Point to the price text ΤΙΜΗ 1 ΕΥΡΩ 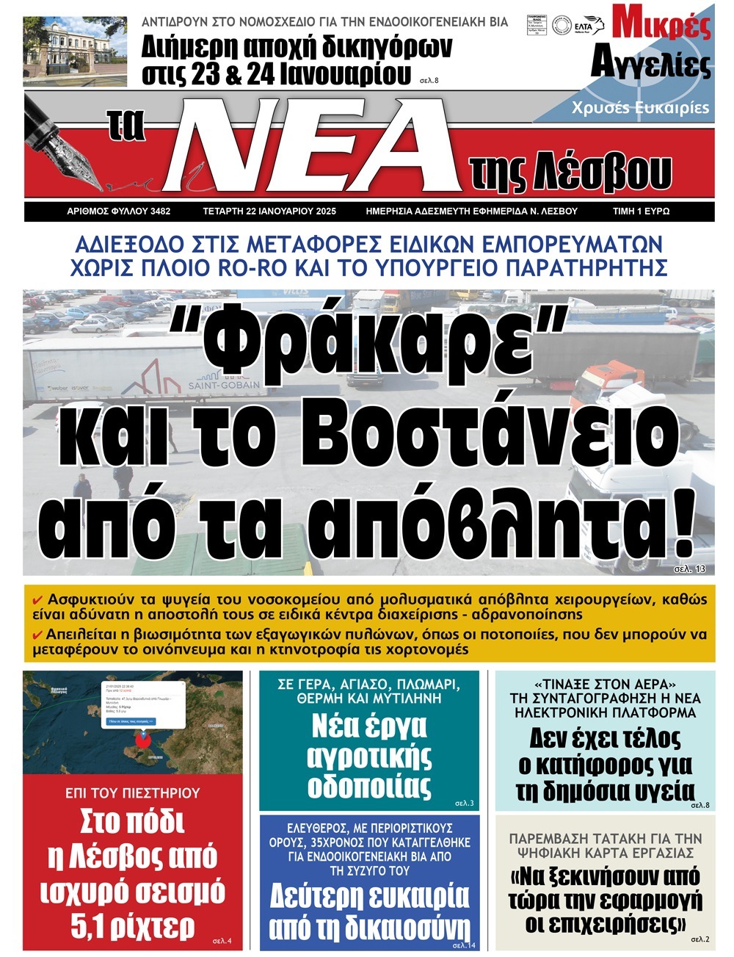click(641, 212)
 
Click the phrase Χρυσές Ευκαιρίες click(640, 108)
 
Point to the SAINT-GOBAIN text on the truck click(224, 385)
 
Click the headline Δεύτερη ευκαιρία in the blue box click(368, 895)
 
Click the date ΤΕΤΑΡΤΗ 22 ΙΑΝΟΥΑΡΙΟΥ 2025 click(269, 212)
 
